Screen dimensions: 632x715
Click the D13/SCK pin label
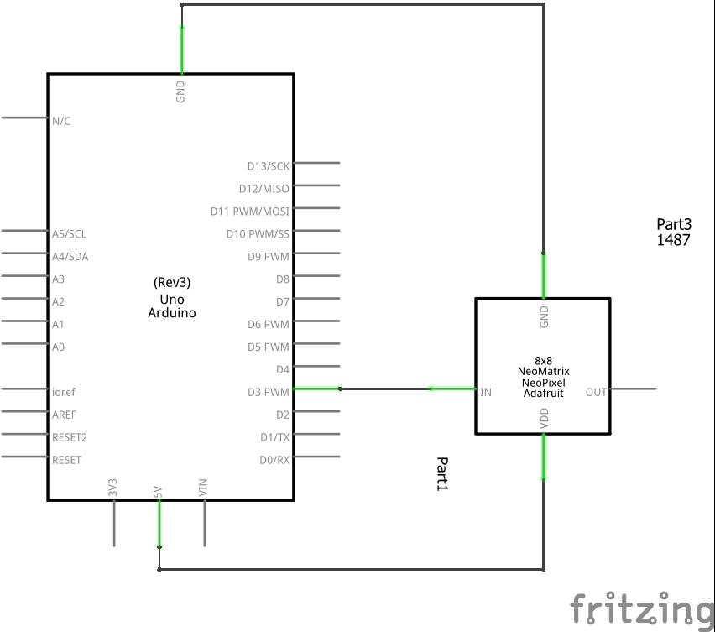[x=268, y=166]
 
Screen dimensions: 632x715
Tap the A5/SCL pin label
[x=69, y=234]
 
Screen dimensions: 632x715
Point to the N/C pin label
[x=61, y=121]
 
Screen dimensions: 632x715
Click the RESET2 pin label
[x=70, y=437]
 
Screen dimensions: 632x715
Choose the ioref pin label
[x=64, y=392]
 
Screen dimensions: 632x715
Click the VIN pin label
[x=203, y=488]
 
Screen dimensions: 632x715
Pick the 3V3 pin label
[x=112, y=488]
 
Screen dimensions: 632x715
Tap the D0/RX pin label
[x=274, y=460]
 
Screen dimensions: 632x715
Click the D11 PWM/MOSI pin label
[x=250, y=212]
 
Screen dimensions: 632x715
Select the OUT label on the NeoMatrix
[x=596, y=392]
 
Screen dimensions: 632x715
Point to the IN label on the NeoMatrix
[x=486, y=392]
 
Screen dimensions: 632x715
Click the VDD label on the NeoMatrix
[x=544, y=418]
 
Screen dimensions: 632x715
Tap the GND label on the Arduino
[x=180, y=91]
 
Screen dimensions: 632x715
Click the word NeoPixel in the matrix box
[x=543, y=382]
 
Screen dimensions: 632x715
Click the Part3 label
[x=673, y=224]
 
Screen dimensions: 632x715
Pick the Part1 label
[x=442, y=474]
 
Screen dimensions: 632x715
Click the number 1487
[x=673, y=239]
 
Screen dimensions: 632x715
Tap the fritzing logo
[x=642, y=608]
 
